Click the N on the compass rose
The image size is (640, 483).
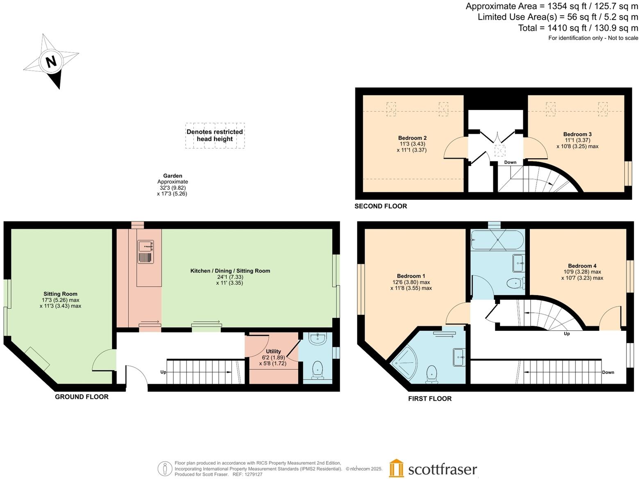pyautogui.click(x=51, y=62)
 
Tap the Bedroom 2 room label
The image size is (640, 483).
pyautogui.click(x=412, y=138)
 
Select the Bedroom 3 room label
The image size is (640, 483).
pyautogui.click(x=577, y=134)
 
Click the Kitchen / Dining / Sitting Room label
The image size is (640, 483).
pyautogui.click(x=230, y=271)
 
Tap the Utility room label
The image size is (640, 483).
pyautogui.click(x=273, y=351)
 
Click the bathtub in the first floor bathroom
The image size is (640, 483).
pyautogui.click(x=497, y=240)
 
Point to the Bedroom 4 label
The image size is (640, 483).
pyautogui.click(x=582, y=266)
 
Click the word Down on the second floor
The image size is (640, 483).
pyautogui.click(x=510, y=162)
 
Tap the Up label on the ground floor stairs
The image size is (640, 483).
pyautogui.click(x=163, y=372)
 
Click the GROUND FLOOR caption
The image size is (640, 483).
pyautogui.click(x=82, y=397)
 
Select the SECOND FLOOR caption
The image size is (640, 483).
pyautogui.click(x=381, y=206)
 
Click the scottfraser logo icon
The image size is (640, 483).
pyautogui.click(x=396, y=468)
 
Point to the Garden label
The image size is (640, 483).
pyautogui.click(x=172, y=176)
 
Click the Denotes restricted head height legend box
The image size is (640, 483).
pyautogui.click(x=215, y=135)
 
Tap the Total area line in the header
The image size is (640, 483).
pyautogui.click(x=578, y=28)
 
